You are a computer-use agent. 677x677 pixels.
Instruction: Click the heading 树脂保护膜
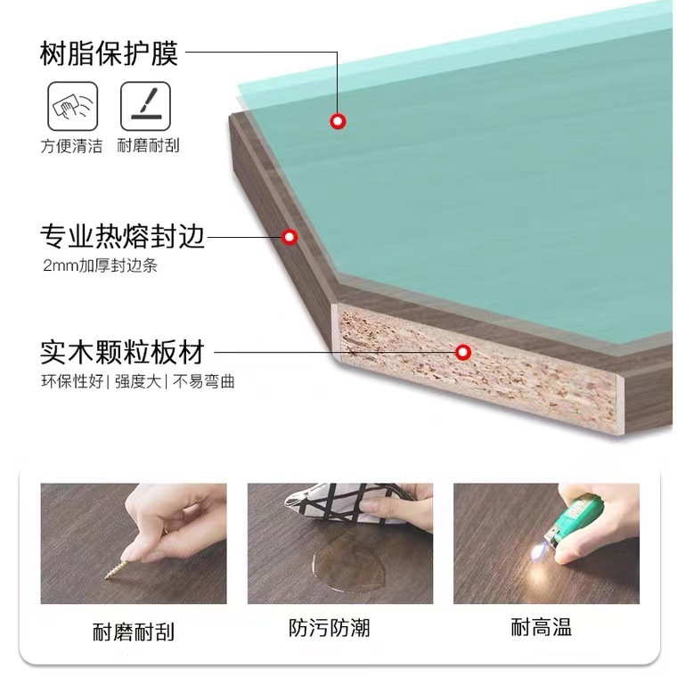click(109, 53)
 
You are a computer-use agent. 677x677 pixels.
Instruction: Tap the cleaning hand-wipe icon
click(72, 106)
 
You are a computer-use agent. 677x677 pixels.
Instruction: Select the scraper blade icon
click(145, 106)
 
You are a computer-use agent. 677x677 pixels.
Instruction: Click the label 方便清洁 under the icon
click(71, 146)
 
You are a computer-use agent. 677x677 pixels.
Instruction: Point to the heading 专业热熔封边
click(122, 237)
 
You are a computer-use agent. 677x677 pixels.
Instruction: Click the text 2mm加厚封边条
click(100, 265)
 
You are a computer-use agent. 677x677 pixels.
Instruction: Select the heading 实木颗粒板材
click(122, 353)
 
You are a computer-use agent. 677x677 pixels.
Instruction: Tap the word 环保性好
click(72, 381)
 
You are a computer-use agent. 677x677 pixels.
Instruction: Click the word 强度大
click(138, 381)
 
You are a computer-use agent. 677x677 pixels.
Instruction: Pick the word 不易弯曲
click(203, 381)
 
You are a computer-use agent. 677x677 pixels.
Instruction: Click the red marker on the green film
click(338, 121)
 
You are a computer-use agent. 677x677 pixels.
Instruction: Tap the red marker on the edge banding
click(290, 237)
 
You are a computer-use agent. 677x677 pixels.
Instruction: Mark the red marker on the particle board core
click(463, 353)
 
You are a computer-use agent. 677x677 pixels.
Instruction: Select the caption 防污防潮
click(330, 628)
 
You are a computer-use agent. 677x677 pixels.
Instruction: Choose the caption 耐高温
click(542, 627)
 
